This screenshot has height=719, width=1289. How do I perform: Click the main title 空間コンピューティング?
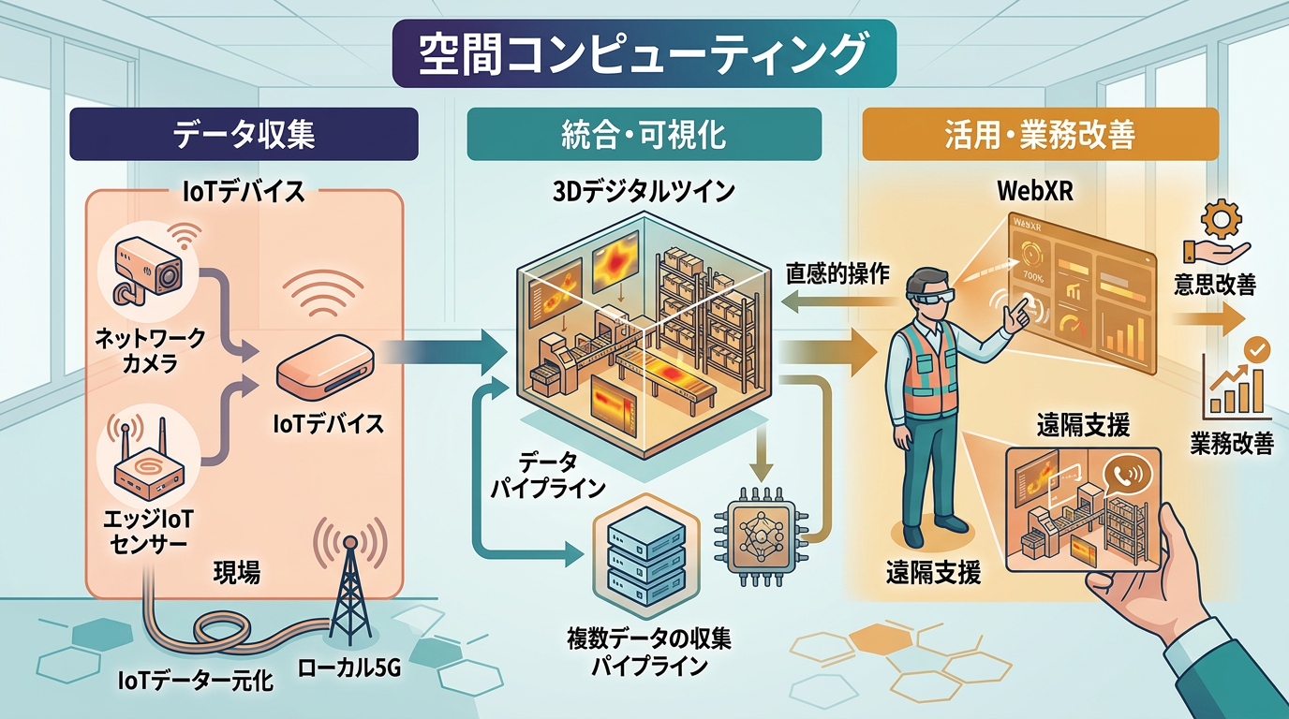(644, 53)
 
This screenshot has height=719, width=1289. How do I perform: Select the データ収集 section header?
(244, 134)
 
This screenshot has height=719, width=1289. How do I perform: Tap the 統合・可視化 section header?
(644, 134)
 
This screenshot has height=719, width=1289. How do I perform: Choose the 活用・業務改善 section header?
(1040, 134)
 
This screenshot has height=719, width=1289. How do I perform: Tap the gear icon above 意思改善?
(1222, 218)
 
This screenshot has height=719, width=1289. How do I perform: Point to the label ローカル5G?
(349, 668)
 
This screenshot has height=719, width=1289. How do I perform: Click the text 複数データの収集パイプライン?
(648, 653)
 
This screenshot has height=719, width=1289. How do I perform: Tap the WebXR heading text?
(1035, 192)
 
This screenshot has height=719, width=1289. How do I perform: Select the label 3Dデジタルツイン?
(644, 192)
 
